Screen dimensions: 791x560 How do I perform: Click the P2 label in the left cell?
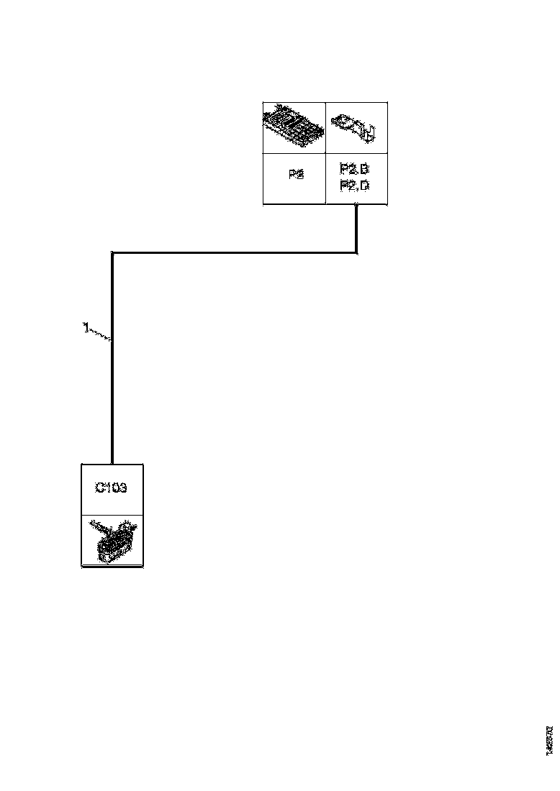295,175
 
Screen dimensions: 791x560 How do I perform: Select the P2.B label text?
354,170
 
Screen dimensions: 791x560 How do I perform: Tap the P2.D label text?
354,186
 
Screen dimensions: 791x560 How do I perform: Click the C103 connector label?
112,488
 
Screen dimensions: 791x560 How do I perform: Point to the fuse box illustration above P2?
294,127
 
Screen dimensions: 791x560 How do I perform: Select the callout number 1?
86,329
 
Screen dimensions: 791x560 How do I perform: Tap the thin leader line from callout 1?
101,334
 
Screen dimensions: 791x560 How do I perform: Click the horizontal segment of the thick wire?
234,252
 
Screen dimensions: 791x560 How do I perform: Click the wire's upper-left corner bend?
112,253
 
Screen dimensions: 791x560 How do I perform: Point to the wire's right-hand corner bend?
356,252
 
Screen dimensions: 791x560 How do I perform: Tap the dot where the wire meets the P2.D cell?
356,206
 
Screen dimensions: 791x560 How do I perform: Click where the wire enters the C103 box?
112,464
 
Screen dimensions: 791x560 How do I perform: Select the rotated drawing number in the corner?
549,740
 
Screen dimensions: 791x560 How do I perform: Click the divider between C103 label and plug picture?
112,515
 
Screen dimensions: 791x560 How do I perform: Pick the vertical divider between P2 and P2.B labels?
326,178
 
